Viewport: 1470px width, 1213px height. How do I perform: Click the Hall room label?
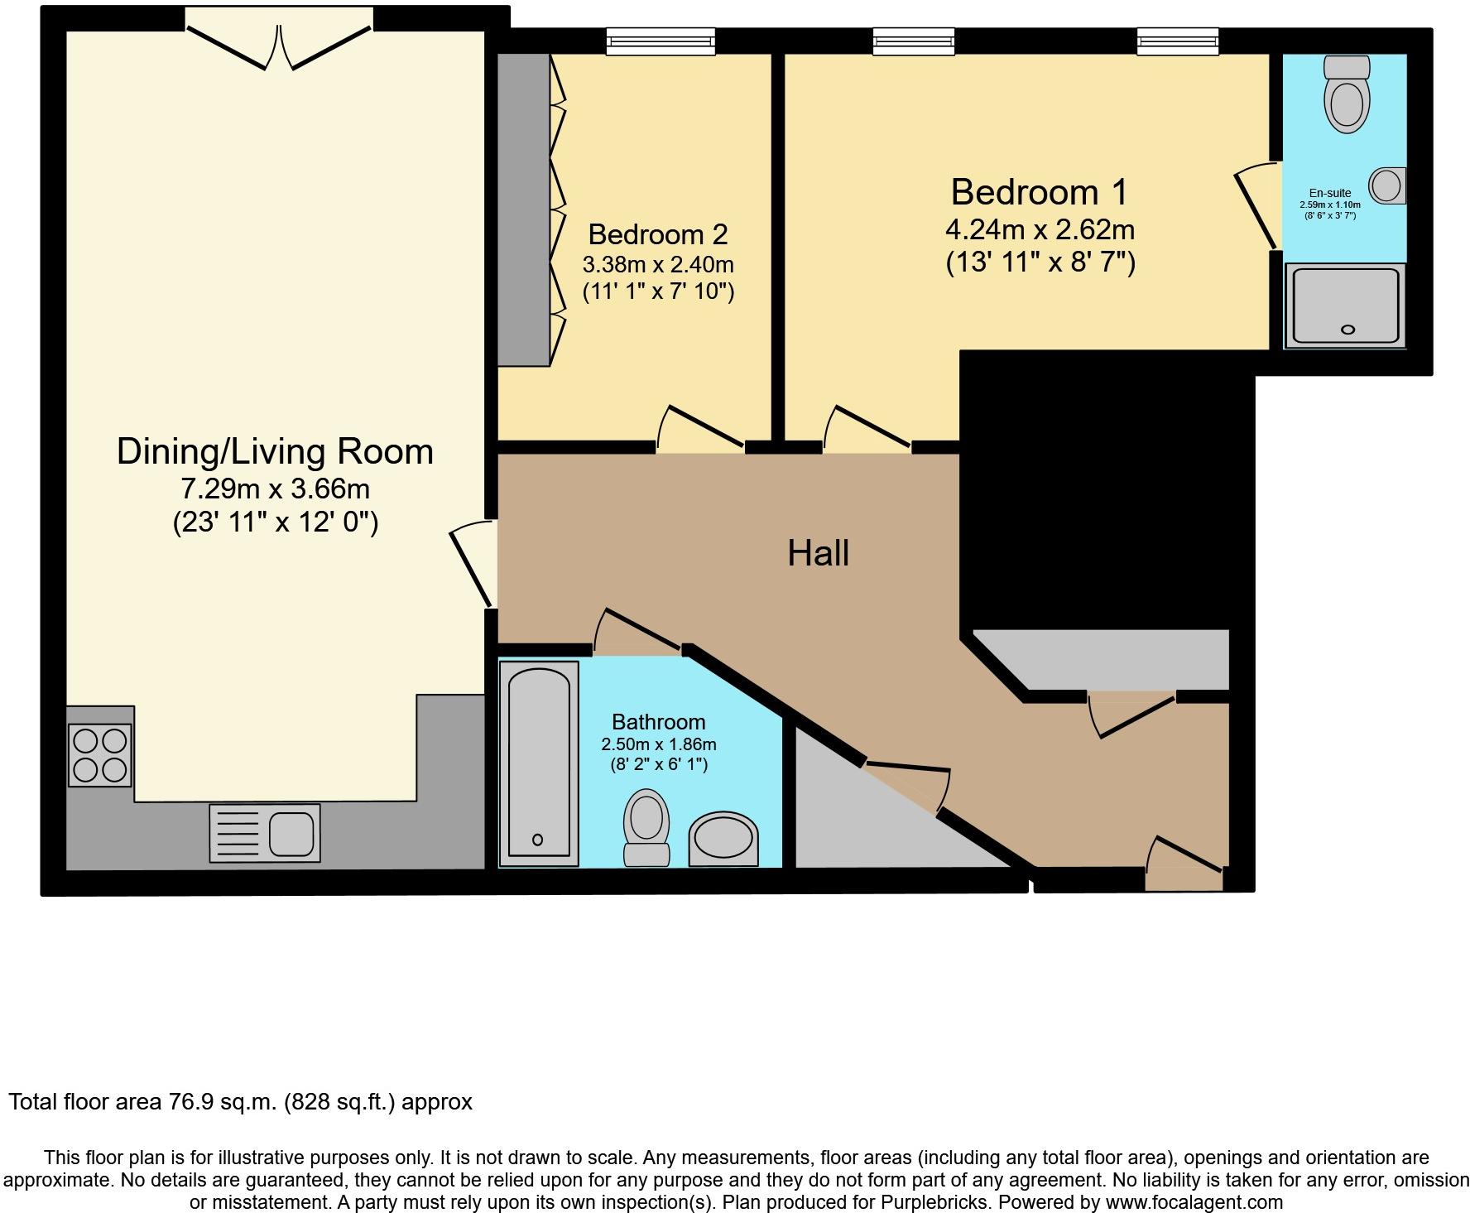pyautogui.click(x=818, y=552)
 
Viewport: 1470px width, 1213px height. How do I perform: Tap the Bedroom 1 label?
pyautogui.click(x=1039, y=192)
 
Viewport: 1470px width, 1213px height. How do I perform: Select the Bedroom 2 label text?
pyautogui.click(x=658, y=234)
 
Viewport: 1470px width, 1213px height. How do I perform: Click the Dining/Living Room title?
pyautogui.click(x=275, y=451)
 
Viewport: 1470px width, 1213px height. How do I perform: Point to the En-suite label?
pyautogui.click(x=1330, y=193)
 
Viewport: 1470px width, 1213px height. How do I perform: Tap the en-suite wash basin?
pyautogui.click(x=1387, y=185)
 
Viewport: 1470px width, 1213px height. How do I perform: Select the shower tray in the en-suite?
pyautogui.click(x=1345, y=306)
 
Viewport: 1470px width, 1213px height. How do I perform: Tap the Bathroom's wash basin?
pyautogui.click(x=723, y=839)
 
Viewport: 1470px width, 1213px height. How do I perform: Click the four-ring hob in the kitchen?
pyautogui.click(x=100, y=755)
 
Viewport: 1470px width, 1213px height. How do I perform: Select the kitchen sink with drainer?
pyautogui.click(x=265, y=833)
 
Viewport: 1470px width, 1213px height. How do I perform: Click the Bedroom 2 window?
pyautogui.click(x=661, y=41)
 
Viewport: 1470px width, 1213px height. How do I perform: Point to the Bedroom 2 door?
pyautogui.click(x=700, y=427)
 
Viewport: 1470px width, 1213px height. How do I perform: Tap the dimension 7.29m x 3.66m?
pyautogui.click(x=276, y=489)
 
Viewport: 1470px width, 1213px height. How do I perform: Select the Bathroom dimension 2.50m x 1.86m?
pyautogui.click(x=659, y=744)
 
